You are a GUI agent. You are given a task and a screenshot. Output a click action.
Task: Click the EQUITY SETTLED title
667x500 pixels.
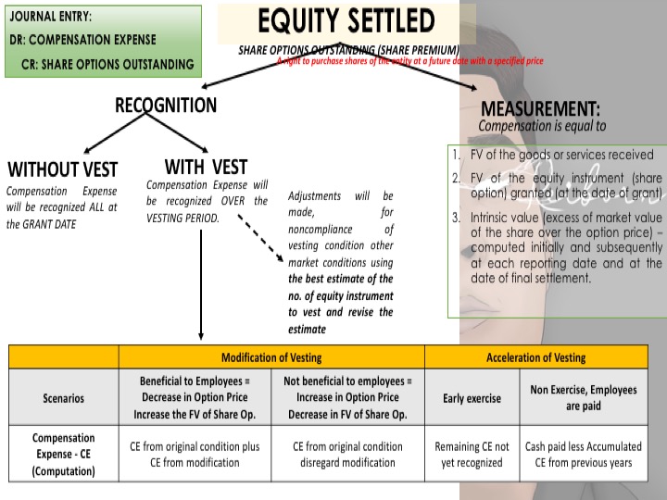346,20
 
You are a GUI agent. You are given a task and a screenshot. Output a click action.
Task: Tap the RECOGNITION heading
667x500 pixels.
166,105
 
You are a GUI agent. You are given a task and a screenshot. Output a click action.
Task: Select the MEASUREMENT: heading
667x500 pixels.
540,108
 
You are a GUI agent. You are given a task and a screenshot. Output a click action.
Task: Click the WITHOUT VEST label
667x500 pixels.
63,169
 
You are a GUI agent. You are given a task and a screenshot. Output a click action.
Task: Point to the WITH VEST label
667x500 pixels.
206,167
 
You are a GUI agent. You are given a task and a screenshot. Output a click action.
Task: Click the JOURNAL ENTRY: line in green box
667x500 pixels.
51,17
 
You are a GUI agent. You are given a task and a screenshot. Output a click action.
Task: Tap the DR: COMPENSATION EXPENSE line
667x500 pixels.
83,41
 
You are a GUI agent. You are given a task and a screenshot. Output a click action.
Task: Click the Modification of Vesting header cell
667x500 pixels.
271,357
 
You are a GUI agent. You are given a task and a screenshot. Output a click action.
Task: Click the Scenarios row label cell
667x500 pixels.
64,398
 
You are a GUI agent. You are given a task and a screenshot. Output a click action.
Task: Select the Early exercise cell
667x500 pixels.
472,398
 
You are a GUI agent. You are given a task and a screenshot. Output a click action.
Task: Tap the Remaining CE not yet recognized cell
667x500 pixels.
472,455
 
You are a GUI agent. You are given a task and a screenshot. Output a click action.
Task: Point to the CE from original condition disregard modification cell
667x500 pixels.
347,455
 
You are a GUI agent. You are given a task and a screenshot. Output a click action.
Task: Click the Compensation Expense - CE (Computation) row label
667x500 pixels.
64,455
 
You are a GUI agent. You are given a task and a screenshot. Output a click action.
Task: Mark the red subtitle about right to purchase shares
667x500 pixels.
409,60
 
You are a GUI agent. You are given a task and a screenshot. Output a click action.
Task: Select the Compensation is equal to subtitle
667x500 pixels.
542,126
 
